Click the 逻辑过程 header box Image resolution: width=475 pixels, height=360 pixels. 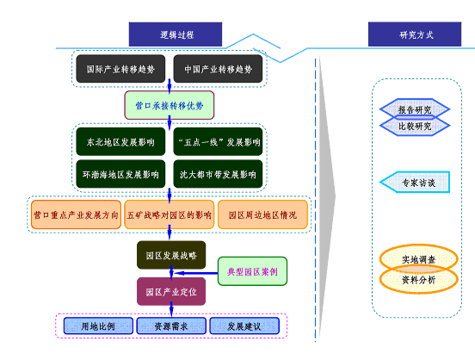click(176, 34)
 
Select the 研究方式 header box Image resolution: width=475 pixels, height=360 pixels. click(415, 34)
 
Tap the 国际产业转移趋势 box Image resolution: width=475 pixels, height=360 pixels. click(120, 69)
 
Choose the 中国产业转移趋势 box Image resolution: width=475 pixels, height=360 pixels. click(218, 69)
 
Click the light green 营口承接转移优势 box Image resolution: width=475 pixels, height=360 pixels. click(170, 105)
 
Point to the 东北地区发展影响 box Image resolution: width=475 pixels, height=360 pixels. click(120, 141)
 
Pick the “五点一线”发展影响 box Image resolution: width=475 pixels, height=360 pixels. click(218, 141)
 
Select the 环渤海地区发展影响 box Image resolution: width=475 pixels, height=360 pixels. click(120, 174)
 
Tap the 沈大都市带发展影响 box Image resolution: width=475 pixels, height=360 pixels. click(218, 174)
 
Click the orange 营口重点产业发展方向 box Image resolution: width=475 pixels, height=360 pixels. click(76, 214)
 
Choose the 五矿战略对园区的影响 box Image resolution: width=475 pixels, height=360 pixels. click(170, 214)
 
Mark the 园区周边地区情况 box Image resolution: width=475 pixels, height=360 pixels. click(262, 214)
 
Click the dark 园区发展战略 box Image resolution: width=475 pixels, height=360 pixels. click(171, 256)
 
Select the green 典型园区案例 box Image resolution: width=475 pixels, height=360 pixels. click(252, 271)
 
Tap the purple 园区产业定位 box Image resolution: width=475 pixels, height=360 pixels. click(171, 291)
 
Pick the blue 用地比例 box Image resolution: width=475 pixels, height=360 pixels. click(98, 326)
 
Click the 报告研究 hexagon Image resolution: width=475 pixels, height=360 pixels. click(415, 109)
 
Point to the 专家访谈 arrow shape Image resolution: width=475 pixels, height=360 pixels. click(415, 182)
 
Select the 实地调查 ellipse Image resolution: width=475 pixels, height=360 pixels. click(419, 259)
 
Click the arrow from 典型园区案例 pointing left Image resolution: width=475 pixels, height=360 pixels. click(196, 273)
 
